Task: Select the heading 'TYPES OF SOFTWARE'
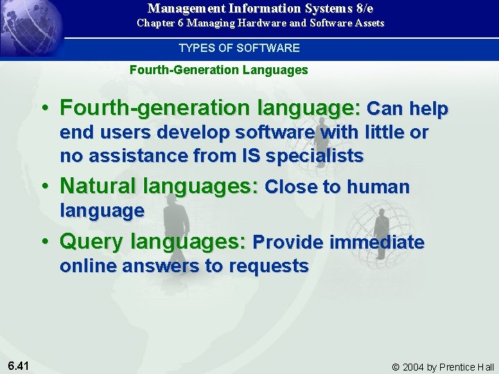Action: (239, 48)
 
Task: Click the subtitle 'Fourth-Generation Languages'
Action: (219, 70)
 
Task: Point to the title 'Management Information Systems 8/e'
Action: (260, 8)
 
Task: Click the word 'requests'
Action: (269, 266)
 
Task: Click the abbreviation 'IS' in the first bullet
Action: (252, 156)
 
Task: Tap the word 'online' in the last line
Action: (88, 266)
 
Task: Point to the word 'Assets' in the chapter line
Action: (368, 23)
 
